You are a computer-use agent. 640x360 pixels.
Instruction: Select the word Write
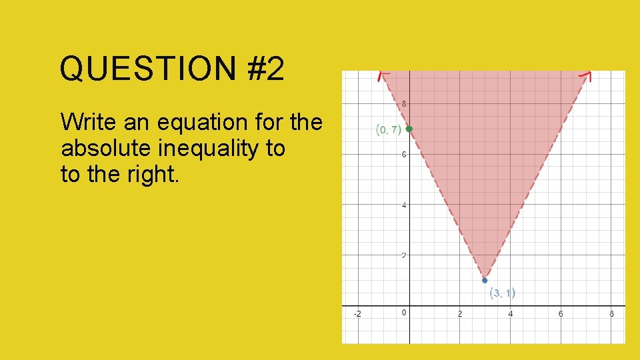point(85,123)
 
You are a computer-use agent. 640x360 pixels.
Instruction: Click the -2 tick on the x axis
point(358,313)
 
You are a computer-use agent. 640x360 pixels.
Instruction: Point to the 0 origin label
point(404,313)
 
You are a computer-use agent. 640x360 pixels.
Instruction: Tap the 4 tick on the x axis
point(511,313)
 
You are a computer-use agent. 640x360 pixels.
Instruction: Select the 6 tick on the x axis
point(561,313)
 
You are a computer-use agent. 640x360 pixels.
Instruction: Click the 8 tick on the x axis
point(611,313)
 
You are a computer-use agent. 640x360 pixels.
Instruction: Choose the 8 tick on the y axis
point(404,104)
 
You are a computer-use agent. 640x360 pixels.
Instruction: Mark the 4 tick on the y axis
point(404,205)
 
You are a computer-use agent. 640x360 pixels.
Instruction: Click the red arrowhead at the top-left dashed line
point(383,75)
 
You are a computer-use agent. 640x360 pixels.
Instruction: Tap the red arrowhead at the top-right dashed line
point(587,75)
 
